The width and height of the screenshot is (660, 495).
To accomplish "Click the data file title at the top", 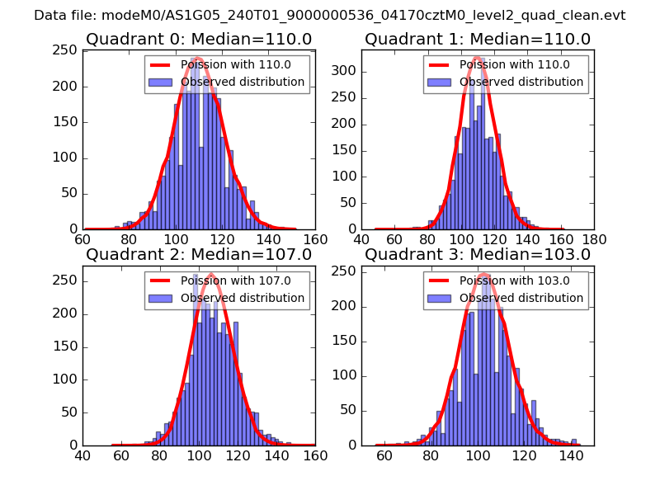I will (x=330, y=15).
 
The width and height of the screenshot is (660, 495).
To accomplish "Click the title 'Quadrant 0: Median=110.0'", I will (x=198, y=39).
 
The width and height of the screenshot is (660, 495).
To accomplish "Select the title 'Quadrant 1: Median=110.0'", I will (x=478, y=39).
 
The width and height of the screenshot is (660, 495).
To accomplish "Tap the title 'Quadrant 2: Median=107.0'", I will (x=198, y=254).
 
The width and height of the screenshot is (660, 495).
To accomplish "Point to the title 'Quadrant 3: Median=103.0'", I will (x=478, y=254).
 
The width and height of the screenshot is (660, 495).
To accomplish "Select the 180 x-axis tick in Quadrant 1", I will (x=594, y=239).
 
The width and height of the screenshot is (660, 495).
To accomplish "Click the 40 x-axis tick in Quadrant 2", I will (x=82, y=455).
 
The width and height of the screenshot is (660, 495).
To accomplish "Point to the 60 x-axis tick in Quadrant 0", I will (x=82, y=239).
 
